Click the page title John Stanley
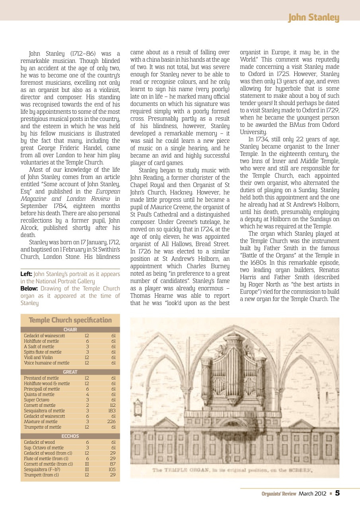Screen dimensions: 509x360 coord(313,18)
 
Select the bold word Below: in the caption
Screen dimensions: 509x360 coord(29,289)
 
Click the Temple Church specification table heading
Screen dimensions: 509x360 coord(70,320)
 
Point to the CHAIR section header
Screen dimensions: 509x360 coord(70,329)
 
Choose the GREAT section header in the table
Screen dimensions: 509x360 coord(70,372)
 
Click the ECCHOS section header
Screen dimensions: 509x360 coord(70,436)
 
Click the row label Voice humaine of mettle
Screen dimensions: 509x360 coord(47,363)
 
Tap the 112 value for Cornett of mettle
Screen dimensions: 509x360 coord(113,405)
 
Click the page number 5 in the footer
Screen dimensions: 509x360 coord(337,493)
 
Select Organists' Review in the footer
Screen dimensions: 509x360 coord(279,493)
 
